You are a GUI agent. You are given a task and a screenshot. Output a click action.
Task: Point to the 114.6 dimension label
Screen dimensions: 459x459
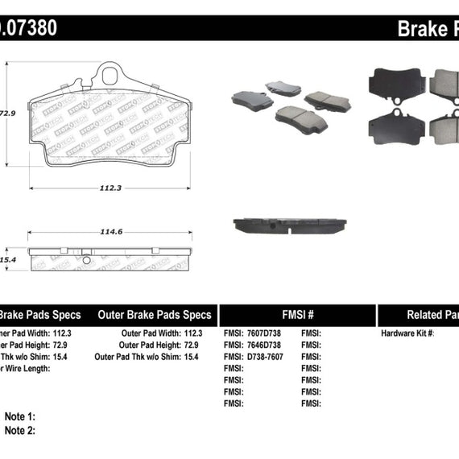[x=111, y=232]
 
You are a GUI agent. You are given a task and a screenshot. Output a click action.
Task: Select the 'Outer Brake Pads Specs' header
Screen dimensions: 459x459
[x=154, y=315]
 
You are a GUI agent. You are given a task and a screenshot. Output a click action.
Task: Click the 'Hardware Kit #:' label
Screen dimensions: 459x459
[x=407, y=333]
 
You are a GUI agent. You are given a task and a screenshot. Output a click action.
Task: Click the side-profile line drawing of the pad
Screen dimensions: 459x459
[x=109, y=259]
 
